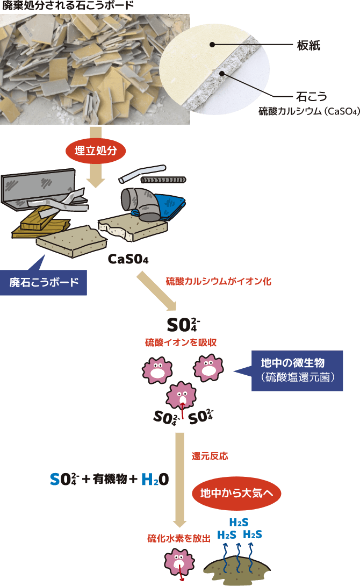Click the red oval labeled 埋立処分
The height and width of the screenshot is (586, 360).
96,151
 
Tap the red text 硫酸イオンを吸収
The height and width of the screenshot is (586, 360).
181,342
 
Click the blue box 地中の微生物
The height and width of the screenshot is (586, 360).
297,370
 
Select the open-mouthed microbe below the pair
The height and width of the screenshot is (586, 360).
182,398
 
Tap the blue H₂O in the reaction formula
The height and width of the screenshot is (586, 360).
155,480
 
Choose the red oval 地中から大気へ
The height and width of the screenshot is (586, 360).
236,492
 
